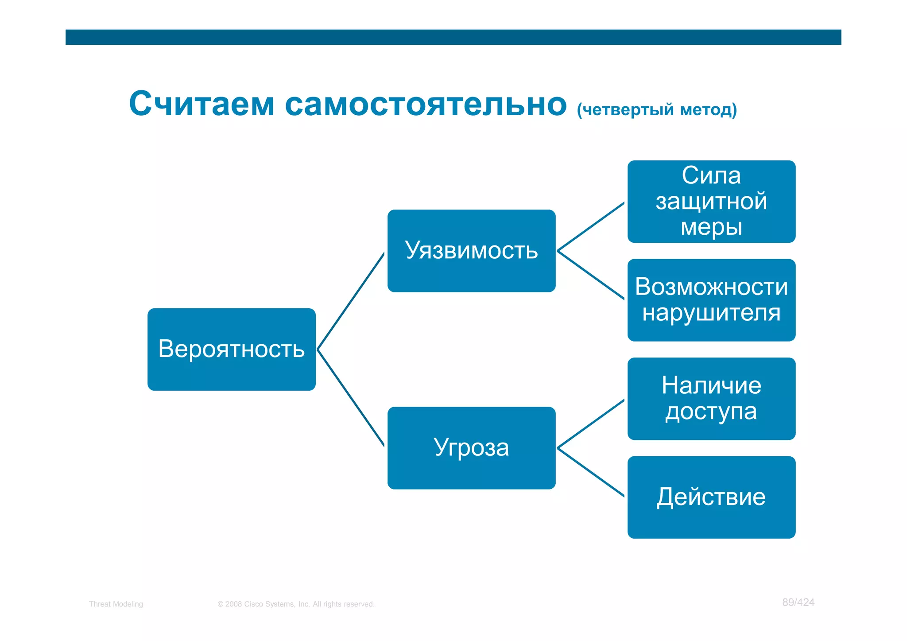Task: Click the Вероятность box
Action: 231,349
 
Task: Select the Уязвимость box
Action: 471,251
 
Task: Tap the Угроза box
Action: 471,448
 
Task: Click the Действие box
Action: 711,497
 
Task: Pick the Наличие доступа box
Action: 711,398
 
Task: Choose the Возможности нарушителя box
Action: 711,300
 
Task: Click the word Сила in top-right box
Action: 711,175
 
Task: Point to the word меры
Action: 711,227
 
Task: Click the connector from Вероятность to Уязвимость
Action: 351,301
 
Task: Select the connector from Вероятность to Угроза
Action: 351,398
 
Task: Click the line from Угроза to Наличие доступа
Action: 591,424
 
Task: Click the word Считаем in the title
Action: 202,104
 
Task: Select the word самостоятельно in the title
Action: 425,104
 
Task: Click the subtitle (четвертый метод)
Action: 657,109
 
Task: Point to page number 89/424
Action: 798,602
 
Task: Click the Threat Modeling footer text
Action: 116,604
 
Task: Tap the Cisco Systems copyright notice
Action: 296,604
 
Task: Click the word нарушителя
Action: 711,313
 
